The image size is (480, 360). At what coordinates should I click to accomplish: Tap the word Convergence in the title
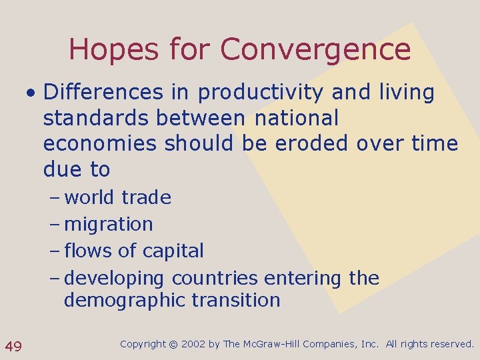(315, 50)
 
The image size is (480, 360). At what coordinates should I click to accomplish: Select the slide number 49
(13, 345)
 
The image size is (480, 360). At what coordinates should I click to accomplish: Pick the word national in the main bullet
(297, 118)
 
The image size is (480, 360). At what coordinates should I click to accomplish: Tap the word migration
(109, 224)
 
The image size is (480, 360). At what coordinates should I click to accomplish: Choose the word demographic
(121, 300)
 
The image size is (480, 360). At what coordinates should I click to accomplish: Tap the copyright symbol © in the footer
(173, 344)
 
